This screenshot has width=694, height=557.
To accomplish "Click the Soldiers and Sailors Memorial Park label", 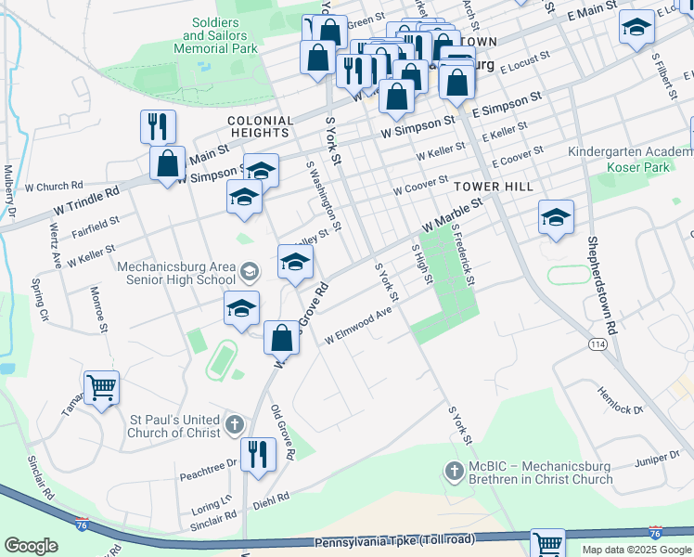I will coord(220,34).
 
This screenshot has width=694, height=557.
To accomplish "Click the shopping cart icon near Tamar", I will coord(101,386).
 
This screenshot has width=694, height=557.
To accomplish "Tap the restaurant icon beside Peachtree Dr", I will coord(257,453).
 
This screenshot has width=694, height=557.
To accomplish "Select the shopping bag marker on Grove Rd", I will coord(282,338).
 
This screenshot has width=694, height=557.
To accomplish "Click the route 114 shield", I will coord(598,343).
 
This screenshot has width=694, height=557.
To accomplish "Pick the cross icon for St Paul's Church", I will coord(235,426).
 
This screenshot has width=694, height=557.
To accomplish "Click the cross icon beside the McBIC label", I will coord(455,472).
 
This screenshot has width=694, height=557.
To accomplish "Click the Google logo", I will coord(31,546).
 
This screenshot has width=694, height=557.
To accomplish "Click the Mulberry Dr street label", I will coord(11,191).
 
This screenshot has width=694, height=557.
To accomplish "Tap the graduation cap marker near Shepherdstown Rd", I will coord(556,218).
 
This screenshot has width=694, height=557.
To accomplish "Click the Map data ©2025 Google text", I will coord(636,550).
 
